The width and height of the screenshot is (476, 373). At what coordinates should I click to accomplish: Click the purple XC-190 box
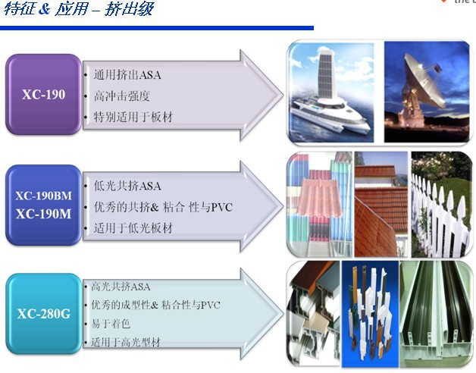click(43, 96)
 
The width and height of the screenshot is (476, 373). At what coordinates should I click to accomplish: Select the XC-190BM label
click(43, 196)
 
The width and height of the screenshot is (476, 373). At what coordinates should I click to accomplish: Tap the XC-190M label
click(43, 214)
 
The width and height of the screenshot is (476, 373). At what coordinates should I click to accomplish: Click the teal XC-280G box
click(43, 312)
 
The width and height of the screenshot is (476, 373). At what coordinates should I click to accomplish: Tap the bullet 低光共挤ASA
click(127, 186)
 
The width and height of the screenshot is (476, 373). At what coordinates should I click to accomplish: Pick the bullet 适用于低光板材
click(133, 227)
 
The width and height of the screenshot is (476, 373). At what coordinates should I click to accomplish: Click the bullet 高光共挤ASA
click(121, 287)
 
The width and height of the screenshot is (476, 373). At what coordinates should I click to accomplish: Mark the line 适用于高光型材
click(125, 342)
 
